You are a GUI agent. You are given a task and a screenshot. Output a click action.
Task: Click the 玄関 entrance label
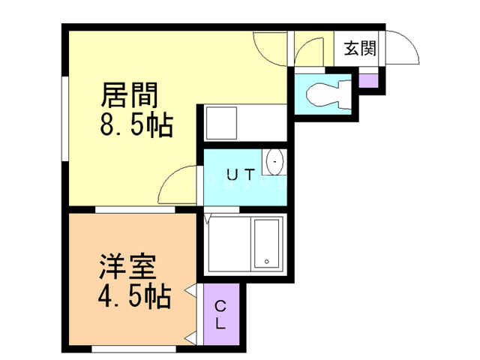[360, 48]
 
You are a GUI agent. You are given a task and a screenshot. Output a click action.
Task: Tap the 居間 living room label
[129, 95]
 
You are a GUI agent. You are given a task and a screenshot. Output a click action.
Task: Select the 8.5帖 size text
[136, 125]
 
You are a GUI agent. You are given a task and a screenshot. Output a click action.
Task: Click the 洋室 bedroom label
[127, 266]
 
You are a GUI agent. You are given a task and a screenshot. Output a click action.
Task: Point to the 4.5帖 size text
[134, 296]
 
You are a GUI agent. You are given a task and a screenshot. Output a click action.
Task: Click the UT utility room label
[241, 175]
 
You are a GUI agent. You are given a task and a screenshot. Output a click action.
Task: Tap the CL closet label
[220, 314]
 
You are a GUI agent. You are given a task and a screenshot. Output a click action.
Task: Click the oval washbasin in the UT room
[274, 162]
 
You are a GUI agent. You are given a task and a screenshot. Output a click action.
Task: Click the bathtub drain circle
[267, 262]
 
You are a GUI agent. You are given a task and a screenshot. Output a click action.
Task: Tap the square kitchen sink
[222, 123]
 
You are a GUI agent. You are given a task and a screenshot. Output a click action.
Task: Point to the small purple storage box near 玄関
[368, 81]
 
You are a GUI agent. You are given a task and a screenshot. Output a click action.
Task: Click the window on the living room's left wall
[65, 118]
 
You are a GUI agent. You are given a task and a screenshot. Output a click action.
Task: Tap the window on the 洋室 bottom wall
[133, 349]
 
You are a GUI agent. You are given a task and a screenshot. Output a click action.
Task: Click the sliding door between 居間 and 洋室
[135, 210]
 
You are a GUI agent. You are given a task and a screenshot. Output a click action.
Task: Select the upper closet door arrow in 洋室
[190, 290]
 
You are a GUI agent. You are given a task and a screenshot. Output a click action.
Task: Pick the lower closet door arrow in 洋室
[190, 338]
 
